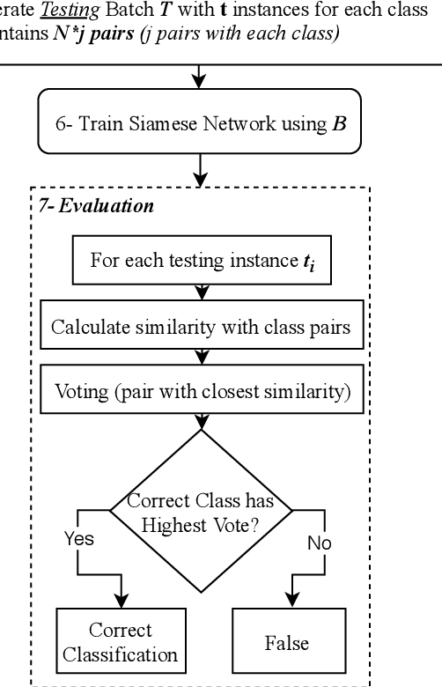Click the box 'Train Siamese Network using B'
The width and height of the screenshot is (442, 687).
(201, 125)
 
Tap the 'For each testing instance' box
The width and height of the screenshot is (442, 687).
(201, 262)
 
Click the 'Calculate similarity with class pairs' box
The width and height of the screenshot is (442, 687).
(201, 327)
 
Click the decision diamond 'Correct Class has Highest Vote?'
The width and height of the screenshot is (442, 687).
(201, 512)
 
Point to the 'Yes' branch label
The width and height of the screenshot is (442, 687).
(78, 539)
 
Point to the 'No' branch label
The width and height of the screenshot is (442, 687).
(319, 543)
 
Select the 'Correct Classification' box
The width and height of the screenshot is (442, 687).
(120, 642)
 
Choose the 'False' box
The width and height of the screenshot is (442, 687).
(287, 642)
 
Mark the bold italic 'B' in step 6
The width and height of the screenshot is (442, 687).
(339, 125)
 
